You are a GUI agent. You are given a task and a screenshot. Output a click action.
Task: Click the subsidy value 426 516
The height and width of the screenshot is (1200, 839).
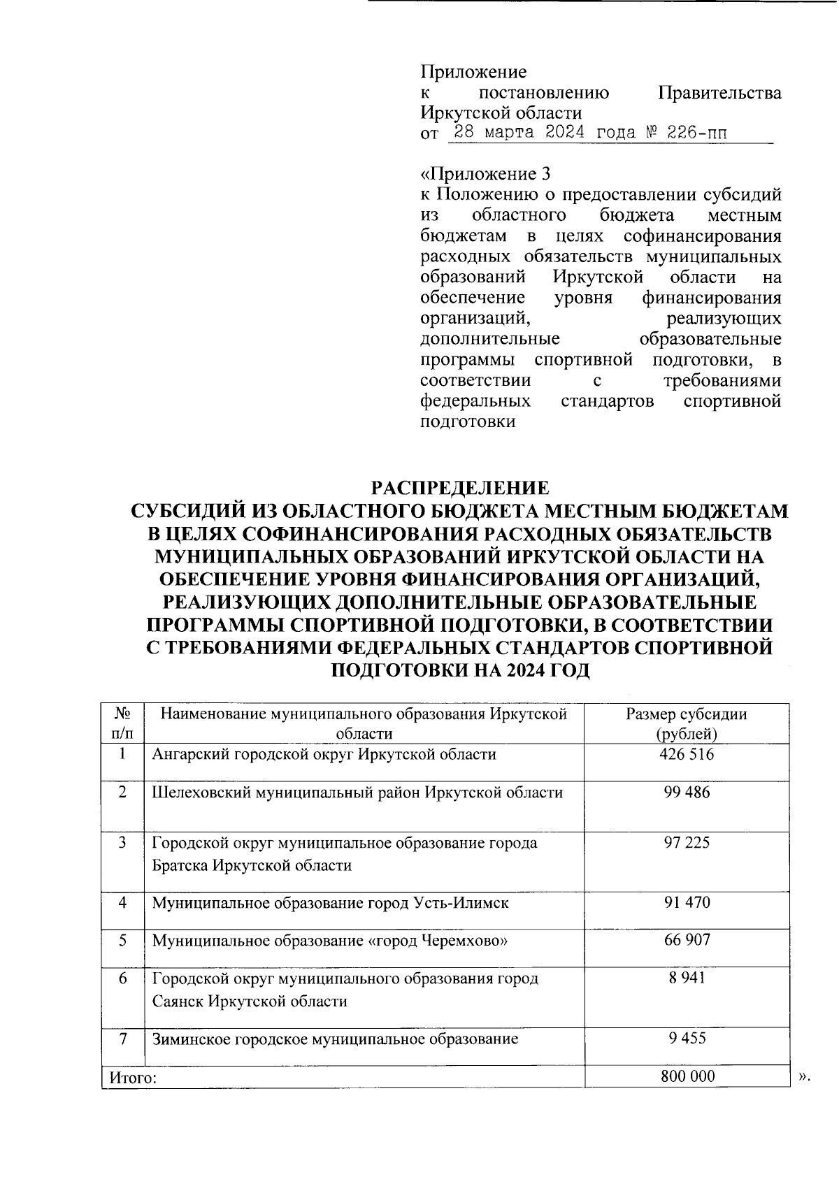(x=687, y=755)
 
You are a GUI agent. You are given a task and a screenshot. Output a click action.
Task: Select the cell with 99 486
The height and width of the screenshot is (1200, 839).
(x=687, y=793)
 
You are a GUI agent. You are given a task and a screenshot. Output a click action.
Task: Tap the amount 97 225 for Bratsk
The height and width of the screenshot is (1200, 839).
(x=687, y=843)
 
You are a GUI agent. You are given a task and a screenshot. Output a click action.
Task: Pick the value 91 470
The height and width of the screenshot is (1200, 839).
(x=687, y=902)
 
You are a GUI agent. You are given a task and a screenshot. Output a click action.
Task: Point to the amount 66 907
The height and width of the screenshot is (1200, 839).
(x=687, y=940)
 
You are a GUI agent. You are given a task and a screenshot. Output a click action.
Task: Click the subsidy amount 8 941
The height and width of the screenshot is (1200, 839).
(x=687, y=978)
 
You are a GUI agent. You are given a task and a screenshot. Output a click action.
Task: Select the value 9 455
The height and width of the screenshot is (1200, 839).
(x=687, y=1038)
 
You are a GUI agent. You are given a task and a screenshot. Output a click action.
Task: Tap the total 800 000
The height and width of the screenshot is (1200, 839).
(x=687, y=1076)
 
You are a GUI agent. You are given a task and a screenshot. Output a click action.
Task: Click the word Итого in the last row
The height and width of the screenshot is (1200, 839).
(x=131, y=1078)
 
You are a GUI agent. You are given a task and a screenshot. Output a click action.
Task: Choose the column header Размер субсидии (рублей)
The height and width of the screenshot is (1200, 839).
(x=687, y=723)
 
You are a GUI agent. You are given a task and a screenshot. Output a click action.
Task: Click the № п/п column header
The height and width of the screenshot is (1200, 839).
(x=122, y=723)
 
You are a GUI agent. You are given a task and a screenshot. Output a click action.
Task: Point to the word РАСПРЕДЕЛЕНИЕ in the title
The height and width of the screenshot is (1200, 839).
(x=459, y=488)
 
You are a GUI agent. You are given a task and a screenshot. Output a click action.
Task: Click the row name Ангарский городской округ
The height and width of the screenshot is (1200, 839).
(x=324, y=755)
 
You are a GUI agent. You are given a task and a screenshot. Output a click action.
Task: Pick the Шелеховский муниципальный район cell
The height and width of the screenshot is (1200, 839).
(x=357, y=793)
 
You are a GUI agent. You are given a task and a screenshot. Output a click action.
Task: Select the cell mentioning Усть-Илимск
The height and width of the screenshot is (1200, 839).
(x=331, y=902)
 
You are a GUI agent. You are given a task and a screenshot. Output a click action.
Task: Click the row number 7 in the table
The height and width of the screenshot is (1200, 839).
(x=122, y=1039)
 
